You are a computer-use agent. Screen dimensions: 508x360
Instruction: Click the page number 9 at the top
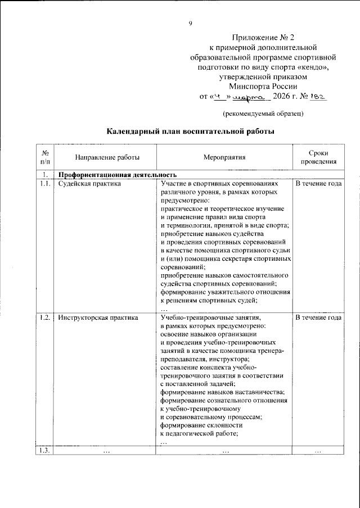pyautogui.click(x=191, y=23)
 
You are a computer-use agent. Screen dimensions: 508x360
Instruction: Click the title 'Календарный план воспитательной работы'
pyautogui.click(x=191, y=132)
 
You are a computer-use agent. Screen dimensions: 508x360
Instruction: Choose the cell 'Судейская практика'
pyautogui.click(x=89, y=184)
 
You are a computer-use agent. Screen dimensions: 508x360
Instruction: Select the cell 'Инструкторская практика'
pyautogui.click(x=98, y=317)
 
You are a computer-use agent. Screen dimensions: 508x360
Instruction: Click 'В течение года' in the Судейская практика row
pyautogui.click(x=318, y=184)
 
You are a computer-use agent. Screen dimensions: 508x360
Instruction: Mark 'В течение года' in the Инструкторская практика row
pyautogui.click(x=318, y=317)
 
